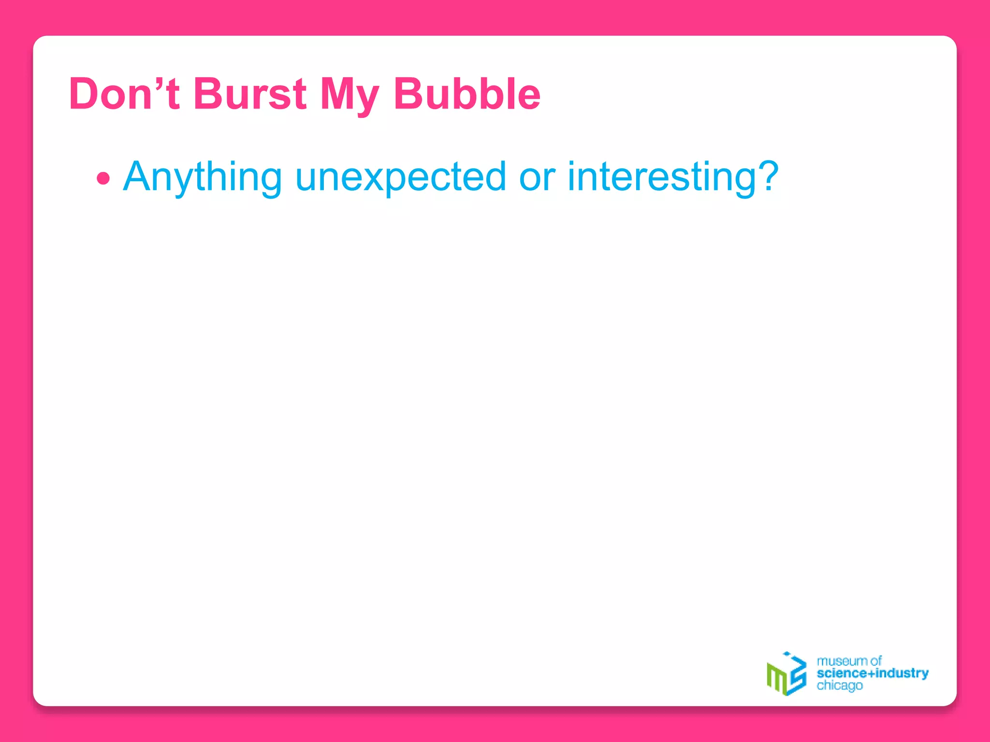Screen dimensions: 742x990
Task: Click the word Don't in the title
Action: click(124, 94)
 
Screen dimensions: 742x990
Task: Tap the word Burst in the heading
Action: click(250, 94)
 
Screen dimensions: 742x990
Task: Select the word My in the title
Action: click(349, 95)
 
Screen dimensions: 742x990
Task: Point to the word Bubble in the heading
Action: click(467, 94)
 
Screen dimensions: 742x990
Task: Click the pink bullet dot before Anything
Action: click(103, 179)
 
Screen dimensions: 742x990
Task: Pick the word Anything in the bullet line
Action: click(203, 177)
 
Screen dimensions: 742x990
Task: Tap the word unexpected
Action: click(401, 177)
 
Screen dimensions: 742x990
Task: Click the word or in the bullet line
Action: click(537, 177)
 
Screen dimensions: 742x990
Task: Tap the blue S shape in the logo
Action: click(797, 674)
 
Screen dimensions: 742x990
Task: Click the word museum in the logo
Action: click(842, 661)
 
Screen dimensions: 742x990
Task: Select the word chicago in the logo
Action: click(839, 686)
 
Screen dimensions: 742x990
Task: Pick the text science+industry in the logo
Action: click(872, 673)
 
